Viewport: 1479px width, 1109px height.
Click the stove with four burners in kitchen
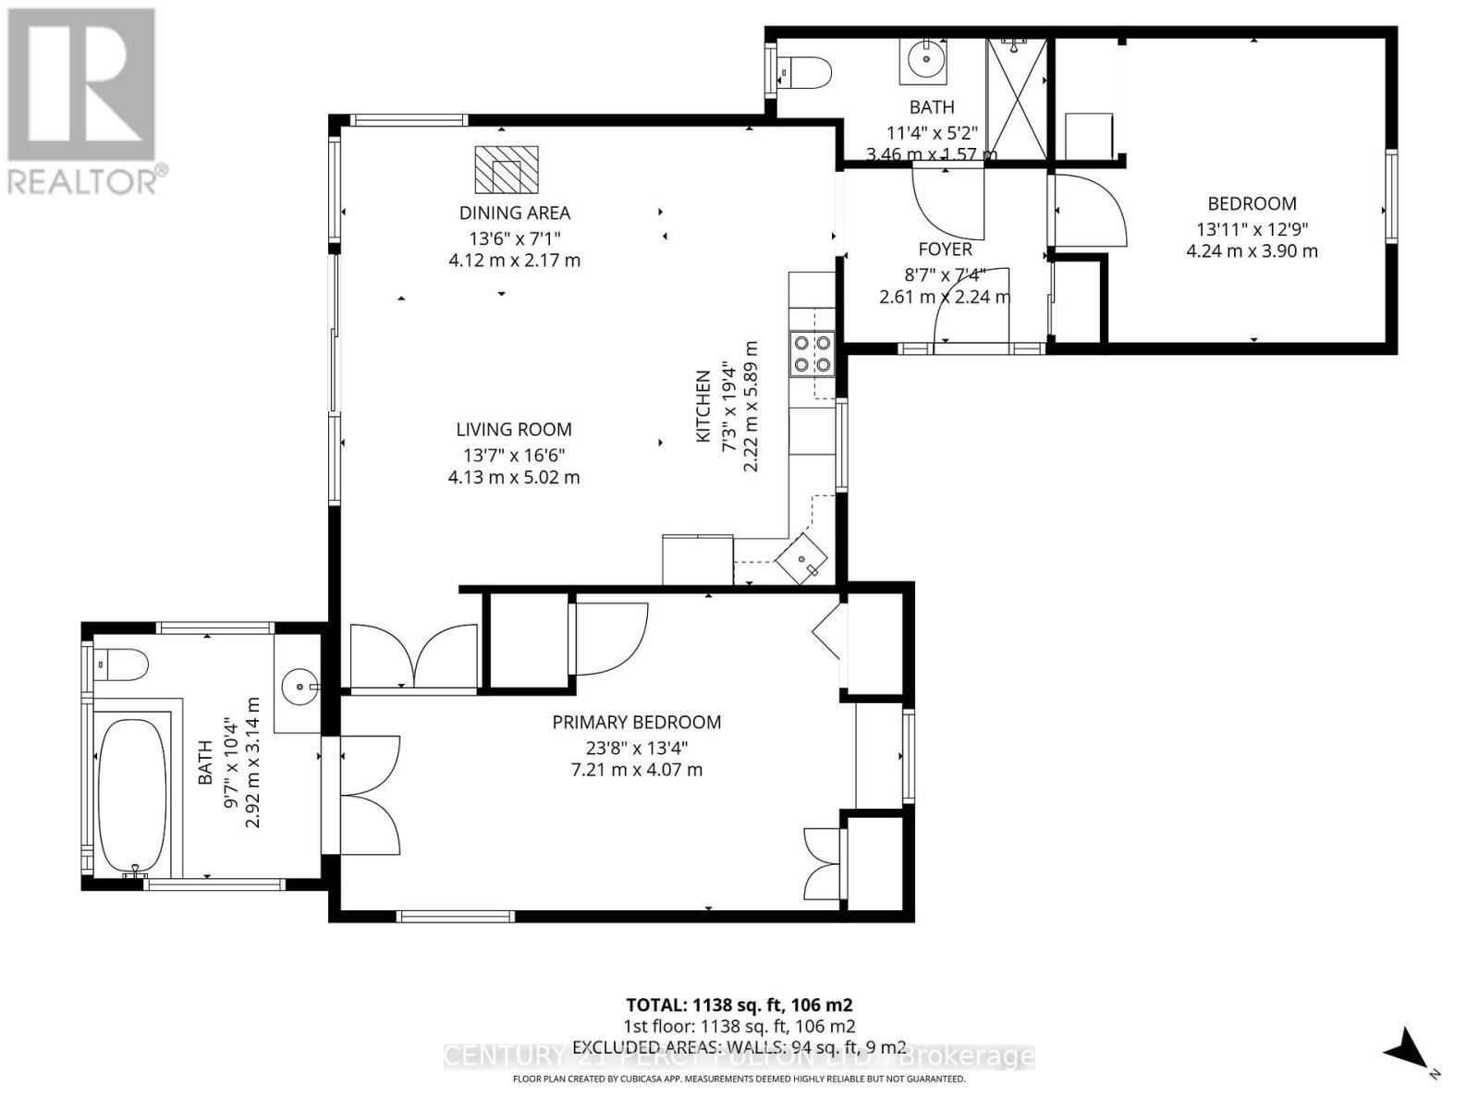pos(812,353)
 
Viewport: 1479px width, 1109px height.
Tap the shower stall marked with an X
pos(1017,98)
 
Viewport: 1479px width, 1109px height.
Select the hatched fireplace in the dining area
pos(506,168)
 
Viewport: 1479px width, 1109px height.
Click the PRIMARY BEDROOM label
pos(637,723)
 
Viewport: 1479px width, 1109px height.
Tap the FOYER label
pos(945,250)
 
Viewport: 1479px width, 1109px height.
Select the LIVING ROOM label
pos(514,430)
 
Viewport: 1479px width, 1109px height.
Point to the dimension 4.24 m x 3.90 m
pos(1252,251)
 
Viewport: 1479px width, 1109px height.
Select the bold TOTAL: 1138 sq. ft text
pos(739,1005)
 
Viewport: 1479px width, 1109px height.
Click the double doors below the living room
pos(414,656)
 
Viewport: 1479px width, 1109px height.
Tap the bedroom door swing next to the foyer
pos(1089,211)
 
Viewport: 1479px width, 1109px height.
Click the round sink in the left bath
pos(298,686)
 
